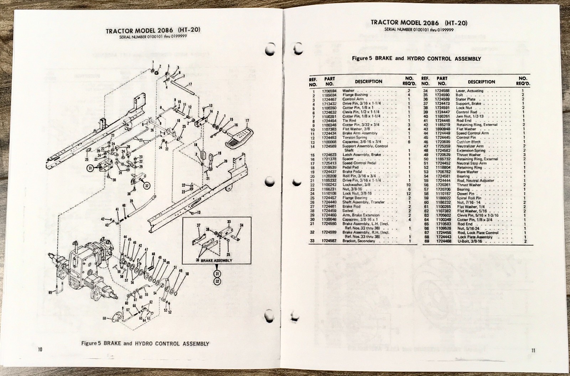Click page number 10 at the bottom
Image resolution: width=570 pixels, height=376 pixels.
pyautogui.click(x=40, y=350)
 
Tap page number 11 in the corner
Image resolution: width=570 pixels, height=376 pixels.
pyautogui.click(x=533, y=350)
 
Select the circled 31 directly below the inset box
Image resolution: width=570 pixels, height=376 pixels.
pyautogui.click(x=217, y=273)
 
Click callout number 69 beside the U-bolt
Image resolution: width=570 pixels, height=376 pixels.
pyautogui.click(x=50, y=292)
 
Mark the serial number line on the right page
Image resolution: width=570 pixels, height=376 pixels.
pyautogui.click(x=419, y=30)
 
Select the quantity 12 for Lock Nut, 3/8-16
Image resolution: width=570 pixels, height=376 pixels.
pyautogui.click(x=408, y=194)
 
